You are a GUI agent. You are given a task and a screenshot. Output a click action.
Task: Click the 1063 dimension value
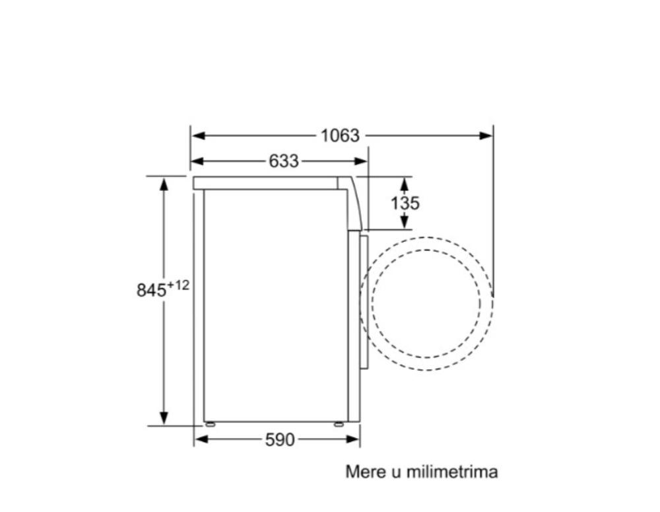pyautogui.click(x=340, y=135)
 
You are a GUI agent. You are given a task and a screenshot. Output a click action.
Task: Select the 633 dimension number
pyautogui.click(x=284, y=161)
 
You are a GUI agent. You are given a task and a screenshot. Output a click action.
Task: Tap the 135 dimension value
pyautogui.click(x=405, y=203)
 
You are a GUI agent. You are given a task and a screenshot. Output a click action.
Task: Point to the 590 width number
pyautogui.click(x=280, y=439)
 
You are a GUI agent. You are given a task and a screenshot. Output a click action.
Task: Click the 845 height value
pyautogui.click(x=152, y=290)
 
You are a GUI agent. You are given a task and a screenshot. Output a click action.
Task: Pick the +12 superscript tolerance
pyautogui.click(x=178, y=285)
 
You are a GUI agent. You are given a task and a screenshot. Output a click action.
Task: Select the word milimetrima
pyautogui.click(x=452, y=472)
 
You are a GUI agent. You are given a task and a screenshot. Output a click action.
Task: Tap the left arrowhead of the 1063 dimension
pyautogui.click(x=198, y=135)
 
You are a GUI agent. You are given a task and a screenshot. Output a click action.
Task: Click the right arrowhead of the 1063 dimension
pyautogui.click(x=486, y=135)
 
